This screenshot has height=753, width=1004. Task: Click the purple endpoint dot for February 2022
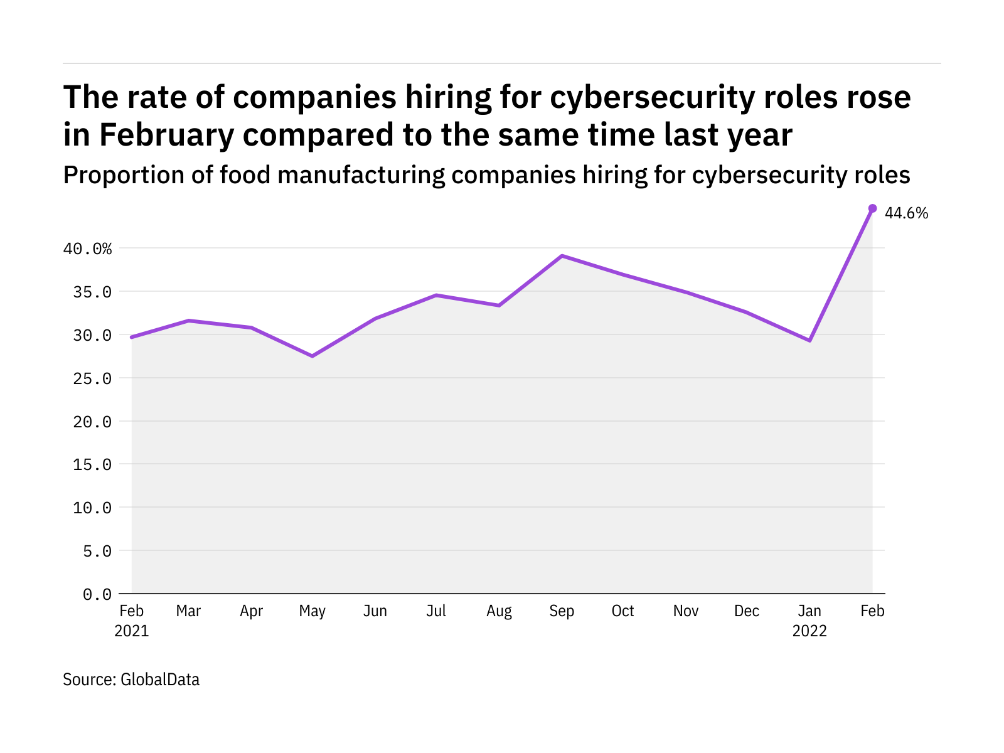[x=872, y=208]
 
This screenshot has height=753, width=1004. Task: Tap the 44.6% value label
[x=906, y=213]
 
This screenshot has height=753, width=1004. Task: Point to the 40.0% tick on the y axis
[x=87, y=249]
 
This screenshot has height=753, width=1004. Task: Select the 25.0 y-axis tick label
[x=92, y=378]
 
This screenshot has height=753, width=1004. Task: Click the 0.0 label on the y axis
[x=97, y=594]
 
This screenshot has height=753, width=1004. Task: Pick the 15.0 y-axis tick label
[x=92, y=465]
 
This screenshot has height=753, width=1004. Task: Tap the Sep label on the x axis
[x=562, y=611]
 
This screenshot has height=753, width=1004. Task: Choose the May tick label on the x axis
[x=312, y=611]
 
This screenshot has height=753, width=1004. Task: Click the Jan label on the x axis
[x=809, y=611]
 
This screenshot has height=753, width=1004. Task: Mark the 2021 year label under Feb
[x=132, y=631]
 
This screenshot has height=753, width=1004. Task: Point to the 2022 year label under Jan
[x=809, y=631]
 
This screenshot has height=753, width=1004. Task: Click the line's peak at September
[x=562, y=256]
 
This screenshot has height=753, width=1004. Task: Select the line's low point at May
[x=312, y=356]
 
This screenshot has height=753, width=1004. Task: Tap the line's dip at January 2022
[x=810, y=340]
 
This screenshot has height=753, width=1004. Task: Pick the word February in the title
[x=166, y=135]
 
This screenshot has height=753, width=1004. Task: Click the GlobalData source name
[x=160, y=680]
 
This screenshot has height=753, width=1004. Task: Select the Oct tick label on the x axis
[x=623, y=611]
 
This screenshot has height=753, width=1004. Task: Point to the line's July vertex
[x=436, y=295]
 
